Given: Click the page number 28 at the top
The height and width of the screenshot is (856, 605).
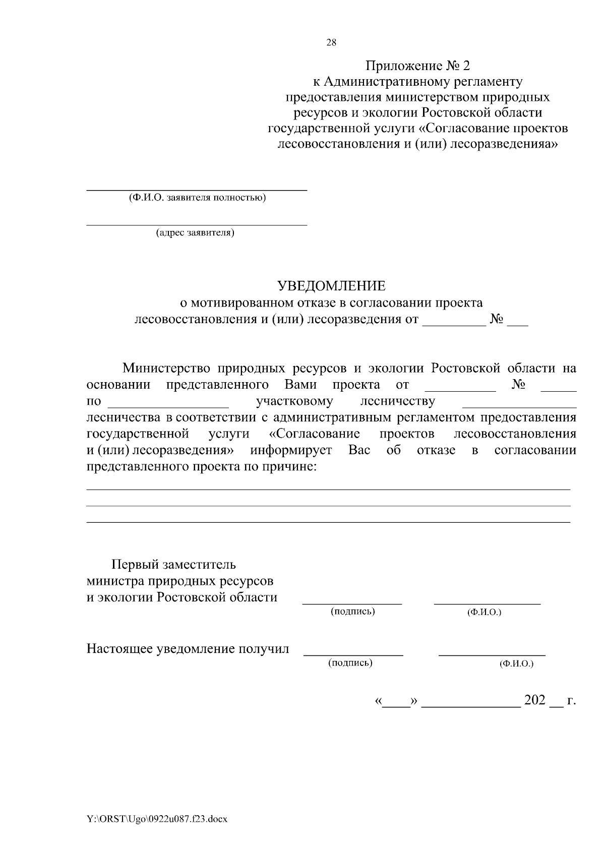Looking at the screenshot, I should [331, 42].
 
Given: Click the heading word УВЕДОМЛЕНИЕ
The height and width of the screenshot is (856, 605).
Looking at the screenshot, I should [332, 286].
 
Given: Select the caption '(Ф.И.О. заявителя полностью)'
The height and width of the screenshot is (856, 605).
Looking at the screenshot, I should [197, 198].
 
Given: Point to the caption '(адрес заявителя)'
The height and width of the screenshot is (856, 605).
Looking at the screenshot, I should [195, 233].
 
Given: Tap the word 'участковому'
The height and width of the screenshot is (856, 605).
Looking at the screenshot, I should [294, 401].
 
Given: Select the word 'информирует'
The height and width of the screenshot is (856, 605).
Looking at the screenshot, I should [291, 450].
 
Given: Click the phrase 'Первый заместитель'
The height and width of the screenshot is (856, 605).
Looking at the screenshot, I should [173, 564].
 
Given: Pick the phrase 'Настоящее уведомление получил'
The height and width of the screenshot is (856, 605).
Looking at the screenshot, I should [188, 648].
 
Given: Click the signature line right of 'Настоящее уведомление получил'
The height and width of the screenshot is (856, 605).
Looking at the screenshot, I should [353, 655].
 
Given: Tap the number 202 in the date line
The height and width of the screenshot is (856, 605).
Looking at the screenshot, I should [535, 700].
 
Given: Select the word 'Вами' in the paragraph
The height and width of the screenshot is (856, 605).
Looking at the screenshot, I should [300, 385].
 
